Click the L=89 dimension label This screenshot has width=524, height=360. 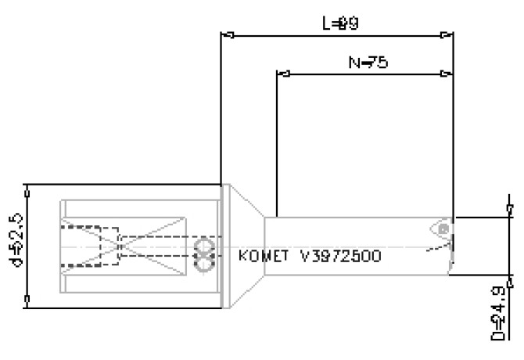pos(341,23)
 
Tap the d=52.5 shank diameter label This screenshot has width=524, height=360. pos(13,247)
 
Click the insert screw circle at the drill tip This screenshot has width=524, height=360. pos(443,229)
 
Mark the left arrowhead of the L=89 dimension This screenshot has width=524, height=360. pos(228,34)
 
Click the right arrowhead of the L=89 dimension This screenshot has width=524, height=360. pos(446,34)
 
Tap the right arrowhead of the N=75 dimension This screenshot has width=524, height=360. pos(446,74)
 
